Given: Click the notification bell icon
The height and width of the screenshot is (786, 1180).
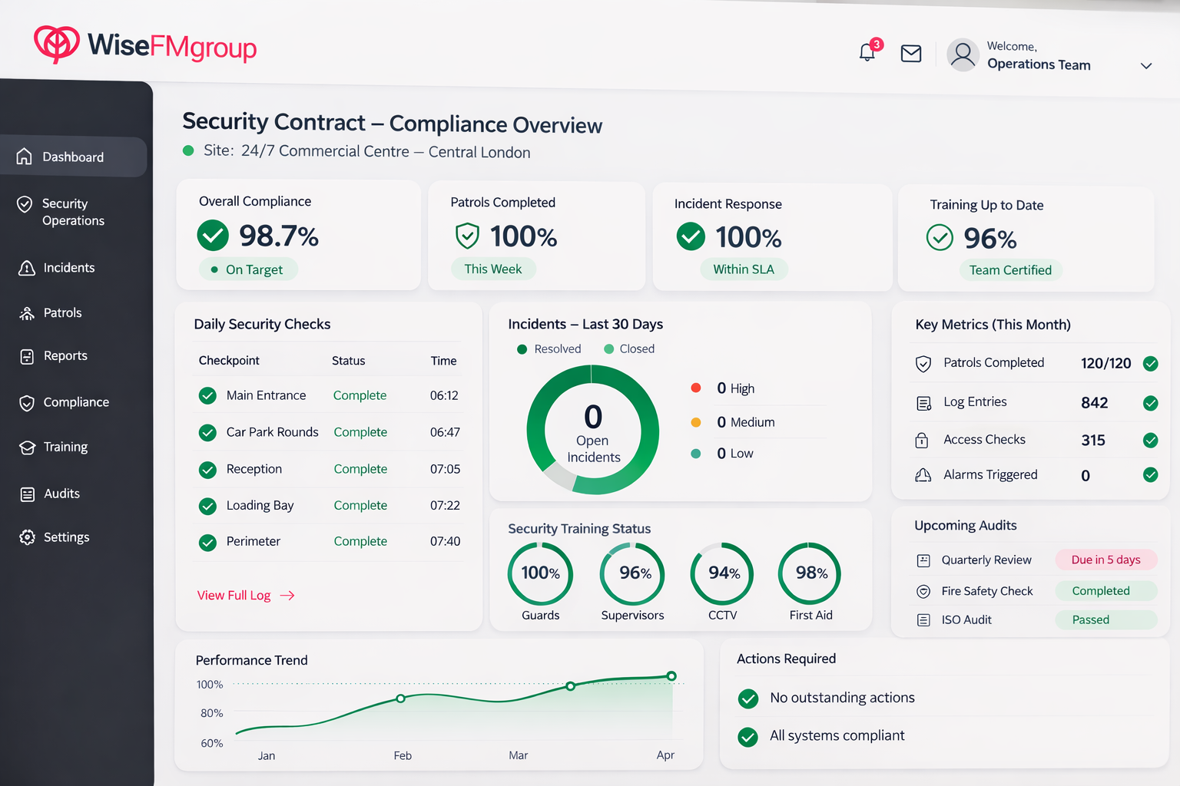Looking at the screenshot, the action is click(867, 53).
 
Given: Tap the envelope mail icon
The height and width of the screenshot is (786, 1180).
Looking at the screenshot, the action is click(911, 54).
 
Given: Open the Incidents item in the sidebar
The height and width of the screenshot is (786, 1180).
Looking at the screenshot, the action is click(69, 267).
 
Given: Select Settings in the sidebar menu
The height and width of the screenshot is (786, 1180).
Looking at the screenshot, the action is click(66, 537).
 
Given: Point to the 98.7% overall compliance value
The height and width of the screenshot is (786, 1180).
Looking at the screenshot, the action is click(279, 236).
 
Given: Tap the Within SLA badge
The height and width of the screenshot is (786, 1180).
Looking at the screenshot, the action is click(744, 269).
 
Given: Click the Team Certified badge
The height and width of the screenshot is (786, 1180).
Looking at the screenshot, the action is click(1010, 270).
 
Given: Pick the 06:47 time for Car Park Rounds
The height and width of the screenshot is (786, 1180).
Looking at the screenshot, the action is click(445, 432).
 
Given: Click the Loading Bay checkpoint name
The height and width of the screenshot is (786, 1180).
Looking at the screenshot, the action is click(260, 505).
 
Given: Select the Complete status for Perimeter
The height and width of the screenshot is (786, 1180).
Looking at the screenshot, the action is click(360, 541).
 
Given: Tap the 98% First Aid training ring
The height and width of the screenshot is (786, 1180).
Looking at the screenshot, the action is click(810, 545).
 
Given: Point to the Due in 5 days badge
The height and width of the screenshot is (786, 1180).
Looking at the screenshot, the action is click(1105, 560).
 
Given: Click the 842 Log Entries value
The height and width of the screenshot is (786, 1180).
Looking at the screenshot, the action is click(1094, 403).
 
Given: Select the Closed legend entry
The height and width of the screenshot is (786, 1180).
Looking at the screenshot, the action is click(629, 348).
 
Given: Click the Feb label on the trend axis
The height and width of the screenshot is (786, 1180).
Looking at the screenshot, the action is click(403, 755).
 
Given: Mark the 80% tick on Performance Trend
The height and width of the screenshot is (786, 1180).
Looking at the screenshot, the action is click(212, 713).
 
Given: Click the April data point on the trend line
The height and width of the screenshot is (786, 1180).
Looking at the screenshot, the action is click(671, 676).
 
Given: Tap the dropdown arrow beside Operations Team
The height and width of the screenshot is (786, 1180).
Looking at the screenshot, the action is click(1146, 66).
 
